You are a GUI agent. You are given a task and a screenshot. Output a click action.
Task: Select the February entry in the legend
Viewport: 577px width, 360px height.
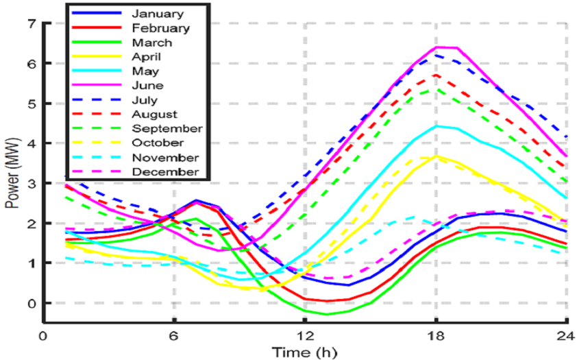[x=160, y=28]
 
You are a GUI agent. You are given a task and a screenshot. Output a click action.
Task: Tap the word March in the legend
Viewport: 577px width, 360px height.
[x=151, y=43]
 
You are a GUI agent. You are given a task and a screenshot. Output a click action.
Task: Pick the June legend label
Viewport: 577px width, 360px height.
[x=147, y=86]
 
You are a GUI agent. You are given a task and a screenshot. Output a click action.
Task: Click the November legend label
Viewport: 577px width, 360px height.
[x=164, y=157]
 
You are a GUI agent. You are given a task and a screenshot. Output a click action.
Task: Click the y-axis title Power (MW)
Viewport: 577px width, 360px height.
[x=12, y=171]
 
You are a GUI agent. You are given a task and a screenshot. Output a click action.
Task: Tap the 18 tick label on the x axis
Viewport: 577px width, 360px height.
[x=436, y=336]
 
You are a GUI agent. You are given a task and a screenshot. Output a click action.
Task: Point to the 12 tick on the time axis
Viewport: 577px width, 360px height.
[x=305, y=336]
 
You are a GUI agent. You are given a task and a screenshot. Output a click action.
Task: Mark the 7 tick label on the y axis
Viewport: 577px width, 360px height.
[x=30, y=23]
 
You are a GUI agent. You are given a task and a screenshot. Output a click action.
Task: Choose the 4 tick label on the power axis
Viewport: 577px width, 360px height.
[x=30, y=143]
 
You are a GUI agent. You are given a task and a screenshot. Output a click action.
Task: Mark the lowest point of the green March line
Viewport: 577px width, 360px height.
[x=327, y=314]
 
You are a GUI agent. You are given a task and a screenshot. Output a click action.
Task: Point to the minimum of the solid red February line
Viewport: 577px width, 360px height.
[x=327, y=301]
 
